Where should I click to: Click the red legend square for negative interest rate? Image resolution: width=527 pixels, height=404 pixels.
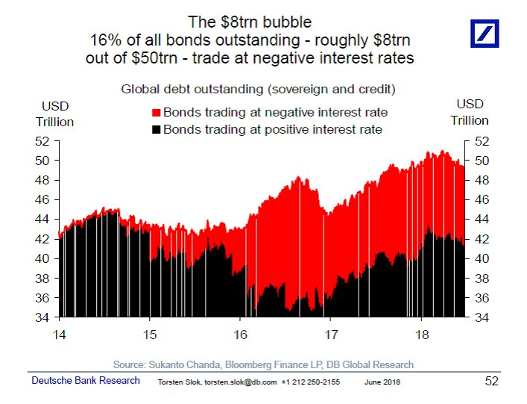(157, 113)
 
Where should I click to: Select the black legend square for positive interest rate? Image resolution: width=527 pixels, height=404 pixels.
(157, 130)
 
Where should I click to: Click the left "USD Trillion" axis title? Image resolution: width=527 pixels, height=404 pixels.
(54, 112)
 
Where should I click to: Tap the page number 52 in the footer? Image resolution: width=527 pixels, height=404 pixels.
(491, 381)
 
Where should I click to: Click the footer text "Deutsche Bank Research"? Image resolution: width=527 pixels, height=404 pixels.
(85, 381)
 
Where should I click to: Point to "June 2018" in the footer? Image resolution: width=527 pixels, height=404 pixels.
(381, 382)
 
